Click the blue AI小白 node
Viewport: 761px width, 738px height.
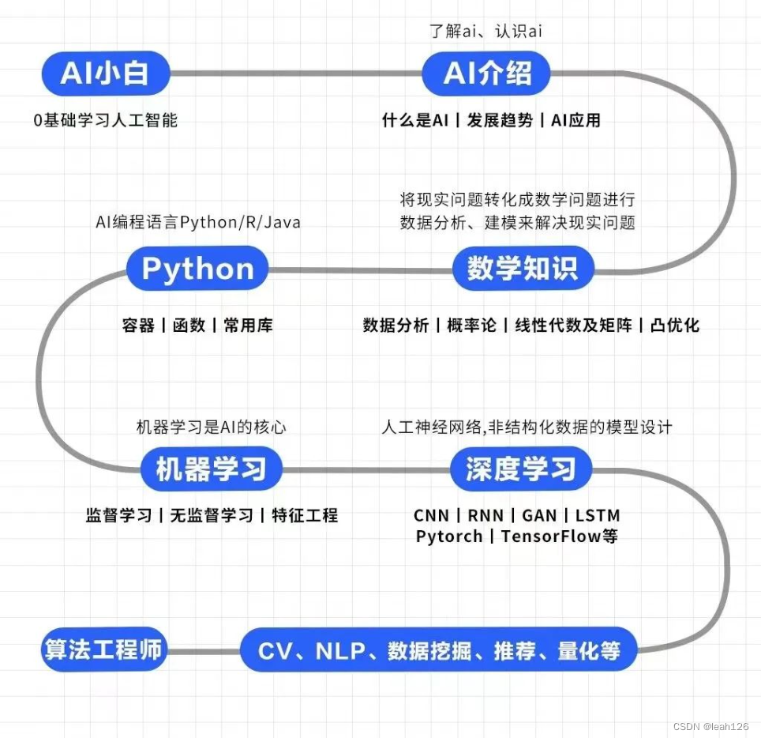coord(106,73)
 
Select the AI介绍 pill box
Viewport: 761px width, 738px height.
coord(486,73)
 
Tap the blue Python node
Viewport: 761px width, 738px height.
coord(197,268)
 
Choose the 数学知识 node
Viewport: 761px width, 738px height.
coord(523,268)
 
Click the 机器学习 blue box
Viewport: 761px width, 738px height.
coord(211,469)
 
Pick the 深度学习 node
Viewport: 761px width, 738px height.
coord(521,469)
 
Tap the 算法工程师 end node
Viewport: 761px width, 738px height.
coord(104,650)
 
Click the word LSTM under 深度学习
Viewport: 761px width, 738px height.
coord(598,515)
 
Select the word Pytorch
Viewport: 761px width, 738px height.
coord(449,537)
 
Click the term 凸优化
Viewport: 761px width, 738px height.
coord(675,325)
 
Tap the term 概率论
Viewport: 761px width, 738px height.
coord(471,325)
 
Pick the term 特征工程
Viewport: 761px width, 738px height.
coord(305,515)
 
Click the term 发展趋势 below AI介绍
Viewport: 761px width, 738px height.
coord(500,120)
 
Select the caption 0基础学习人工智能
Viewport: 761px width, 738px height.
coord(105,120)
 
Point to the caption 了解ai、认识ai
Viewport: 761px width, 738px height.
coord(485,31)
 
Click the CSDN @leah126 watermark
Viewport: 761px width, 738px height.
coord(711,726)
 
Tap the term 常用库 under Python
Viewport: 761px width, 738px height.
coord(248,325)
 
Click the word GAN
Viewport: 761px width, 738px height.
coord(539,515)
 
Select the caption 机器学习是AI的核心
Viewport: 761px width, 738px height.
coord(211,427)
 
